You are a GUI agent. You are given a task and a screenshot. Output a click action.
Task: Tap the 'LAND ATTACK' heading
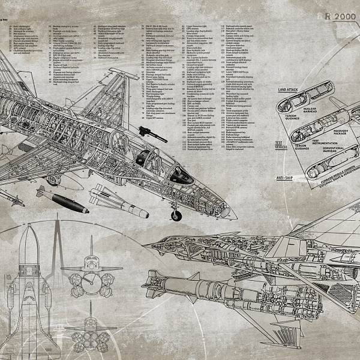(x=276, y=88)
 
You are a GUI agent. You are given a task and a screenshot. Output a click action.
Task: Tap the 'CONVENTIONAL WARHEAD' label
(x=338, y=151)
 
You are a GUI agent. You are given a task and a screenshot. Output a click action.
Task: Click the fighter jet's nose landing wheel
(x=176, y=214)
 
